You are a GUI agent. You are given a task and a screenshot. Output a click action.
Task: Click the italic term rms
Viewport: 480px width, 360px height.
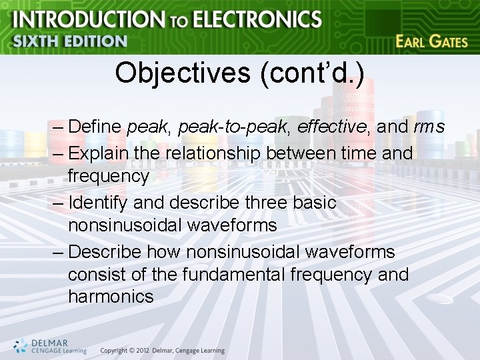click(429, 127)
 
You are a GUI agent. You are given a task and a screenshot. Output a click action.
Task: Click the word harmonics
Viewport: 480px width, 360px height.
click(111, 297)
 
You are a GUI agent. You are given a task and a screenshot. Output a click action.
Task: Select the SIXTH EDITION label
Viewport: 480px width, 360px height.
click(69, 41)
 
